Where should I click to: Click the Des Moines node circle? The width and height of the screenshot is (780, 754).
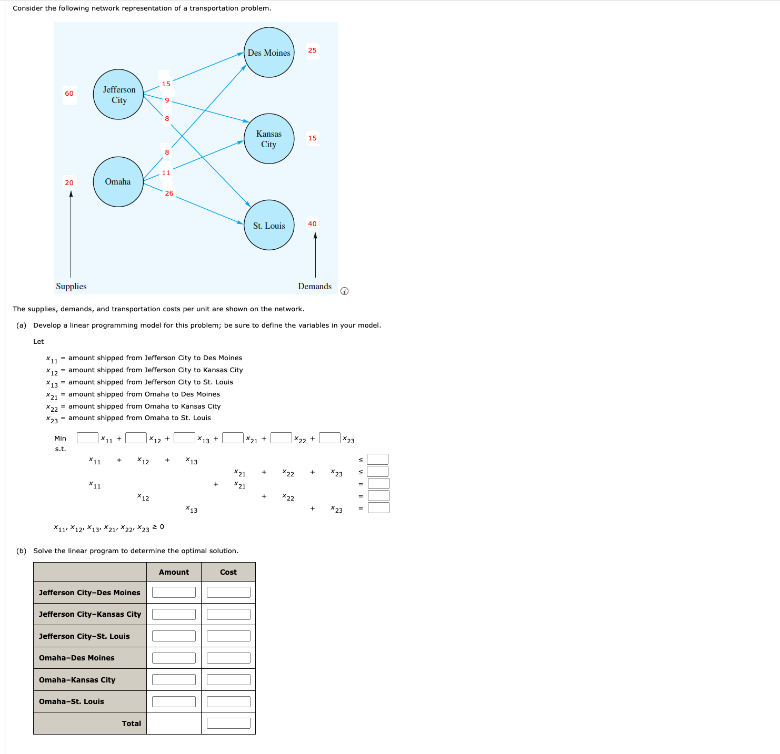(x=269, y=53)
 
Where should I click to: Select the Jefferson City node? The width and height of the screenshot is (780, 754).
(x=118, y=95)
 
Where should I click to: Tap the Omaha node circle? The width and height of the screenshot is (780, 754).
(x=118, y=182)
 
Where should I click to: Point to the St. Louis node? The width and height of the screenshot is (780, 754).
(x=269, y=225)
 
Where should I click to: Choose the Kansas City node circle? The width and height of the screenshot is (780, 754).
(x=269, y=138)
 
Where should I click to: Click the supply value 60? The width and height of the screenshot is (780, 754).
(x=69, y=93)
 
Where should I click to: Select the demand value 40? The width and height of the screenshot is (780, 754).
(x=312, y=224)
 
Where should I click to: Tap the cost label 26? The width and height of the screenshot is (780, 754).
(x=169, y=193)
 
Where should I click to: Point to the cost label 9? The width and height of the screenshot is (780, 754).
(x=167, y=100)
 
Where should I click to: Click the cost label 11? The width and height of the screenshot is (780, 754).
(x=166, y=173)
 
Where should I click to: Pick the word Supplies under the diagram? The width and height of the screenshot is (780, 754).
(x=72, y=287)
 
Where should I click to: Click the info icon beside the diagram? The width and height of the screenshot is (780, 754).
(x=344, y=291)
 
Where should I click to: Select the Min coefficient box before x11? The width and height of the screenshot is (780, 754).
(x=87, y=437)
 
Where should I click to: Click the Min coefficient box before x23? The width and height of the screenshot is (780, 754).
(x=329, y=437)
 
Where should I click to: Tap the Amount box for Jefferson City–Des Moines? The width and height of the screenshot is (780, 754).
(x=174, y=592)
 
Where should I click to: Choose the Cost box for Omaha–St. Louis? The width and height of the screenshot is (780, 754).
(x=228, y=701)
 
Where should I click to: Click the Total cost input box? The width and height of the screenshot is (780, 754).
(x=228, y=723)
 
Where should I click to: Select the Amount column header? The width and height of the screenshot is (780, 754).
(x=174, y=572)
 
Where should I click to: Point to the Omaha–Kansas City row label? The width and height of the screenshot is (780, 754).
(x=77, y=680)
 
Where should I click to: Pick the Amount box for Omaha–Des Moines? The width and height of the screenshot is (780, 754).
(x=174, y=658)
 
